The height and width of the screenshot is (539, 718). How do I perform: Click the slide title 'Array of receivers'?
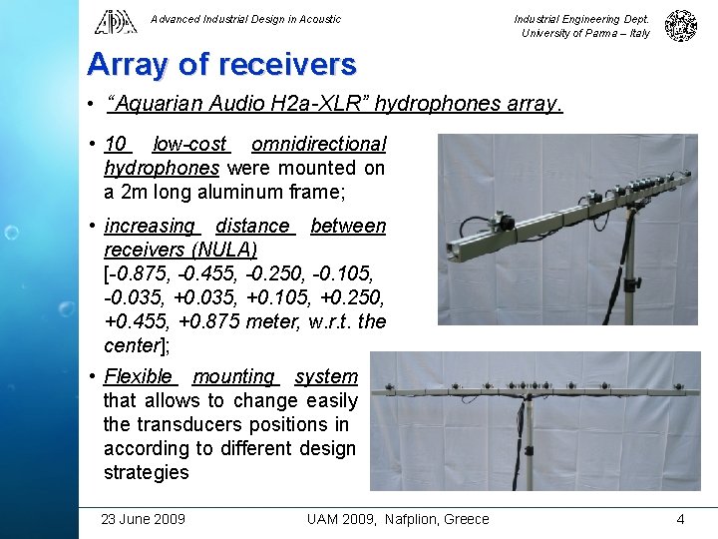click(x=221, y=65)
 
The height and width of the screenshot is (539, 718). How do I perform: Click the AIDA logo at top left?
click(x=117, y=21)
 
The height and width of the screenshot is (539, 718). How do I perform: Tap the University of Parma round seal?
click(x=681, y=25)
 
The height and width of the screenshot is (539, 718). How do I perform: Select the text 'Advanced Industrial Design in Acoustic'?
click(x=245, y=19)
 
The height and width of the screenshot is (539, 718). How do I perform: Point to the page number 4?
click(x=680, y=519)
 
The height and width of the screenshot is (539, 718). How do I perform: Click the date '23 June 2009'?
click(x=143, y=519)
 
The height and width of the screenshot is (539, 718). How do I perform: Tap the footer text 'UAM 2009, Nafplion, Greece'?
click(x=398, y=519)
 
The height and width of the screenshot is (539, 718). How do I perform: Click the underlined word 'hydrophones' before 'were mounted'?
click(x=162, y=168)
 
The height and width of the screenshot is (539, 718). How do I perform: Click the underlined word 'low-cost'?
click(x=190, y=144)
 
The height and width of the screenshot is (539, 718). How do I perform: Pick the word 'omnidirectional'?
click(x=318, y=144)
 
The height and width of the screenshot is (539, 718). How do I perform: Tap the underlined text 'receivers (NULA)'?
click(x=180, y=250)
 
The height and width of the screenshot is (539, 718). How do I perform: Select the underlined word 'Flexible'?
click(x=139, y=376)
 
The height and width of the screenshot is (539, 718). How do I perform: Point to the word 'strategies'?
click(x=146, y=472)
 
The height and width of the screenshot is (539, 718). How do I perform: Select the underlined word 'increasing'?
click(x=150, y=226)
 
